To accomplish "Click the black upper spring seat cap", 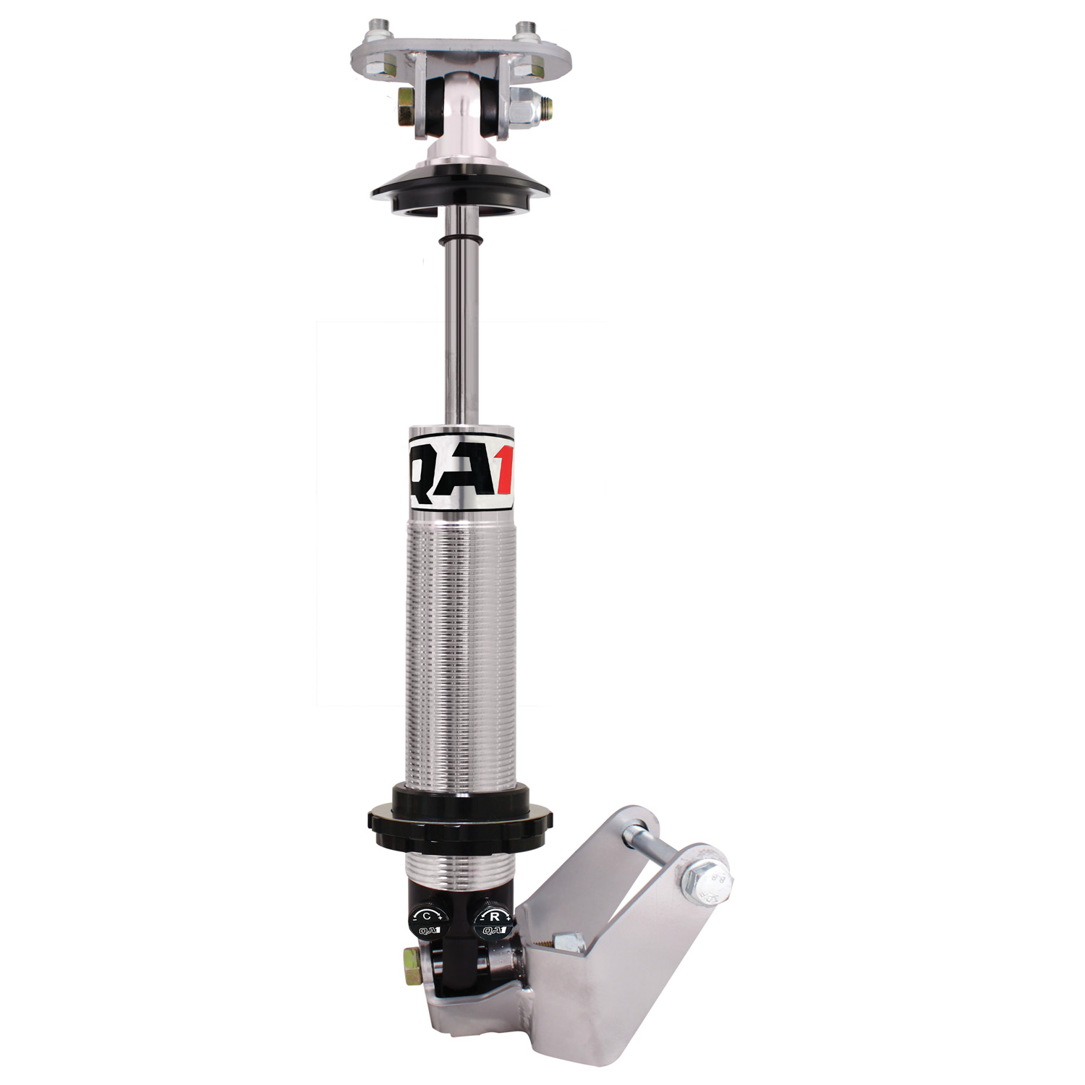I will [460, 188].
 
